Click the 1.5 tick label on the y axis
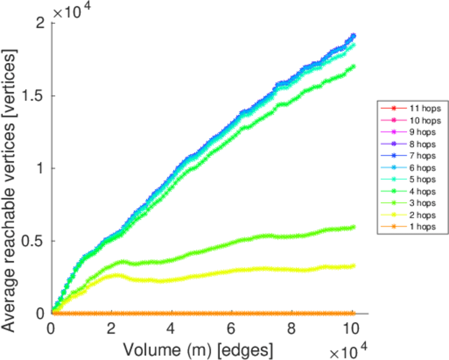[x=34, y=95]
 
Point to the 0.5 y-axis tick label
[x=34, y=241]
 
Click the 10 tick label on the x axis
[x=352, y=329]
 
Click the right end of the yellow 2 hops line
[x=353, y=266]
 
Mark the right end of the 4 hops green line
[x=353, y=66]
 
